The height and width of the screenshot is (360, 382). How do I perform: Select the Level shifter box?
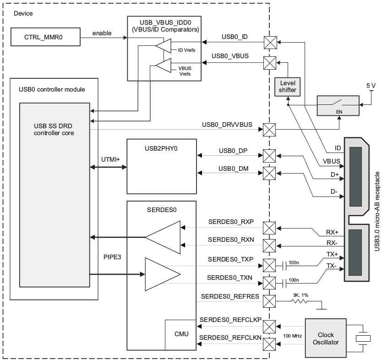click(x=287, y=87)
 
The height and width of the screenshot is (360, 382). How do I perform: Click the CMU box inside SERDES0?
click(x=181, y=335)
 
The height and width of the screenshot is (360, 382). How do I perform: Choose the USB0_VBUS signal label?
click(x=230, y=56)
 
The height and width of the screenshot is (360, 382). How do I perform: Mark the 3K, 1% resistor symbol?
click(x=300, y=301)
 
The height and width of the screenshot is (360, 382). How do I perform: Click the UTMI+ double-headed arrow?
click(x=109, y=167)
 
